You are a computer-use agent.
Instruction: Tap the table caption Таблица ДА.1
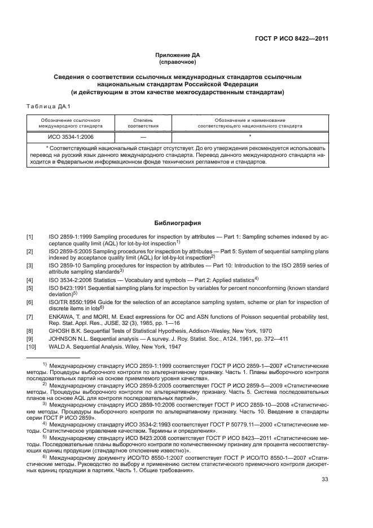click(47, 107)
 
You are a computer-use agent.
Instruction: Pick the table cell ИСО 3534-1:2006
click(71, 137)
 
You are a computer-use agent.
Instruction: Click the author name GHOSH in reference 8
click(60, 329)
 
